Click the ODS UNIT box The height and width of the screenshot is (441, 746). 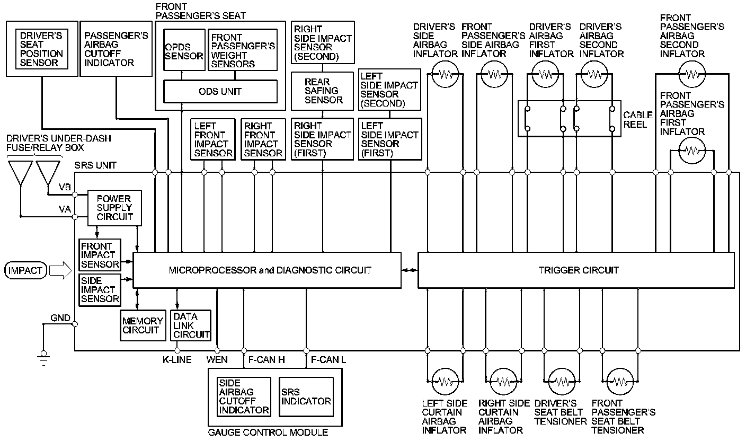220,91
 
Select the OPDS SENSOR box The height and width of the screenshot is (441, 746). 183,51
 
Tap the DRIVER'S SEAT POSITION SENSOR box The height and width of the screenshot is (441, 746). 41,49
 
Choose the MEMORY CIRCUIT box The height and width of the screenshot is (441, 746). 143,325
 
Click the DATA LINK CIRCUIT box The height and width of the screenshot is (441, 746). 191,325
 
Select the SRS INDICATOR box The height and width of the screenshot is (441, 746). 306,396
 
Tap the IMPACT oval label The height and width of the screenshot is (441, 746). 25,271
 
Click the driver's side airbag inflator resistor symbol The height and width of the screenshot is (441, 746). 445,75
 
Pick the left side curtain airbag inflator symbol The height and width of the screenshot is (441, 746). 445,381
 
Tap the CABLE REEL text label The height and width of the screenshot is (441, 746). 638,120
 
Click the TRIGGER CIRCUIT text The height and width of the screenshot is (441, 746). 578,270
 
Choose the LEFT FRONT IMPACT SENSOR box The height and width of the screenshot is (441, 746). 213,139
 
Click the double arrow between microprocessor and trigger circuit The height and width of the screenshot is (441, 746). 409,270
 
